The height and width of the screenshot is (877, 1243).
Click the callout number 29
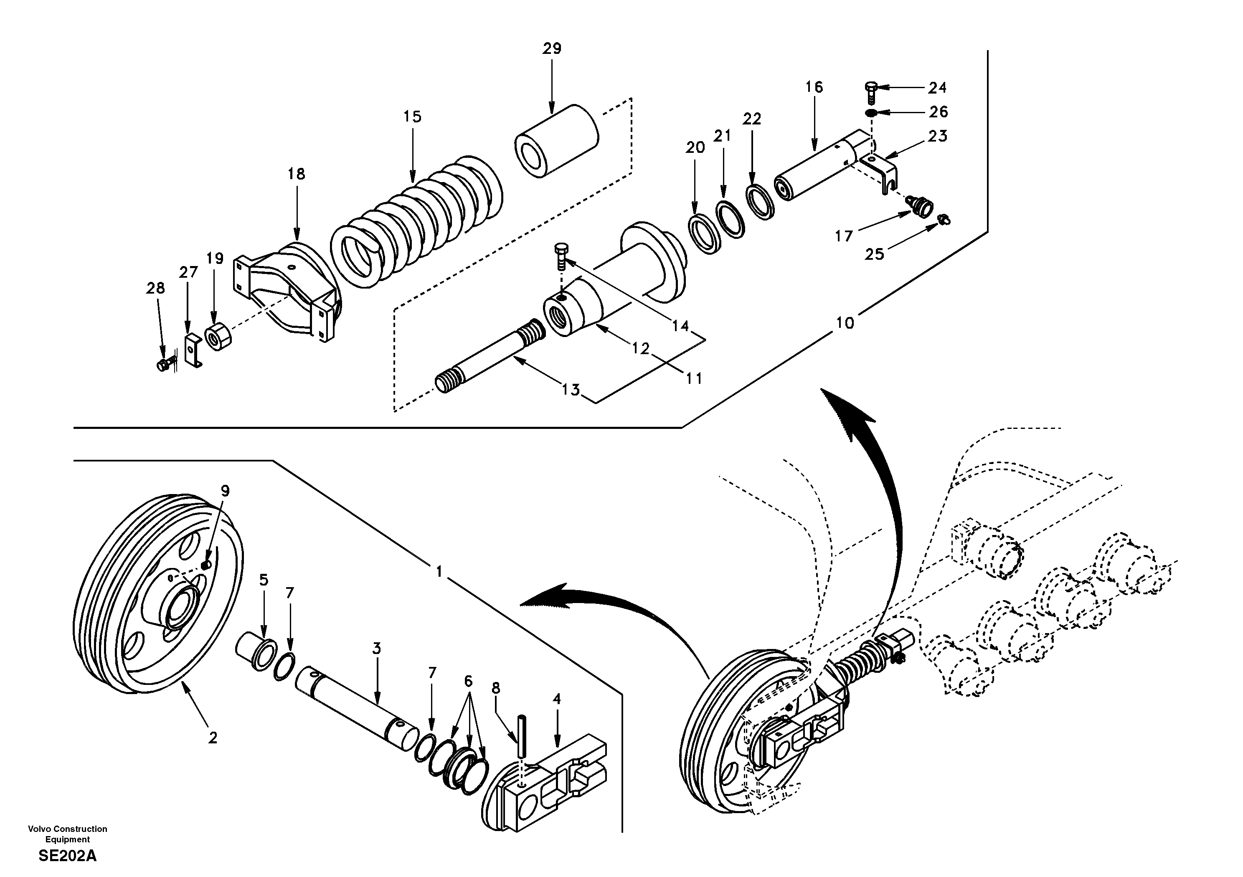552,49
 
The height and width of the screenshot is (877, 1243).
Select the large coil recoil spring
417,222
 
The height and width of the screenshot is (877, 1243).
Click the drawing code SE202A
68,856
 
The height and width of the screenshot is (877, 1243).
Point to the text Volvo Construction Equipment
68,834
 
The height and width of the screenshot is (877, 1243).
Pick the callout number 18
296,174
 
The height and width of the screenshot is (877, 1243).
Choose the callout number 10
845,323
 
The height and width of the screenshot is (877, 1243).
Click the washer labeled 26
870,113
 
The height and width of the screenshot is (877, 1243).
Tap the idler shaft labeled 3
357,709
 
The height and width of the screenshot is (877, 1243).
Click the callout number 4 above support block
556,699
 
